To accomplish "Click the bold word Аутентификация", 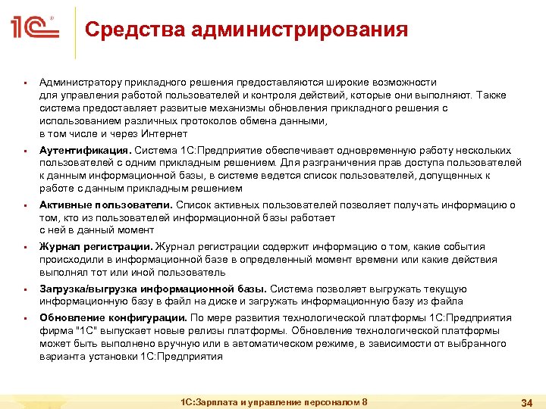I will (x=85, y=150).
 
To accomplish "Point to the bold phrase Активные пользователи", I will (x=106, y=204).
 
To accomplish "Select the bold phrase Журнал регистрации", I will (x=96, y=247).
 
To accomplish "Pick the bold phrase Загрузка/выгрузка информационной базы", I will (x=152, y=289).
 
